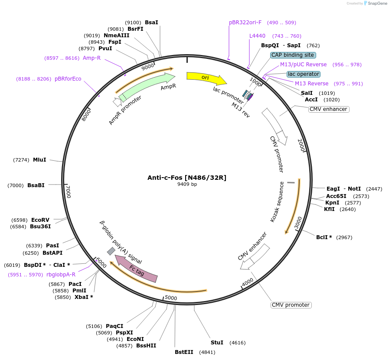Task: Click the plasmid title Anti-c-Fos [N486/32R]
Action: [x=187, y=177]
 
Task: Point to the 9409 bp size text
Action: [x=187, y=184]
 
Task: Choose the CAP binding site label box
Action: [x=293, y=55]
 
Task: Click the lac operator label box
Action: [x=304, y=74]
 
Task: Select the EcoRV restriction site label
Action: [x=40, y=220]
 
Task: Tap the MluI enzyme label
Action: [x=39, y=160]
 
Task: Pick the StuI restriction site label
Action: [x=217, y=343]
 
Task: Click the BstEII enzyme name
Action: [x=184, y=352]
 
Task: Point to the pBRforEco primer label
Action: [x=68, y=78]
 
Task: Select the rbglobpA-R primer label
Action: [x=61, y=274]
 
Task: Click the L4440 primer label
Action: [x=257, y=36]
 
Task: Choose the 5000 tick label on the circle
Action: [x=171, y=298]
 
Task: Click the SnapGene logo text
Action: [x=376, y=3]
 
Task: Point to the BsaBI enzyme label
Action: [x=36, y=185]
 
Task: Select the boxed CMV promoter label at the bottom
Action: [x=291, y=305]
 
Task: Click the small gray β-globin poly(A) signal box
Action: [x=111, y=251]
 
